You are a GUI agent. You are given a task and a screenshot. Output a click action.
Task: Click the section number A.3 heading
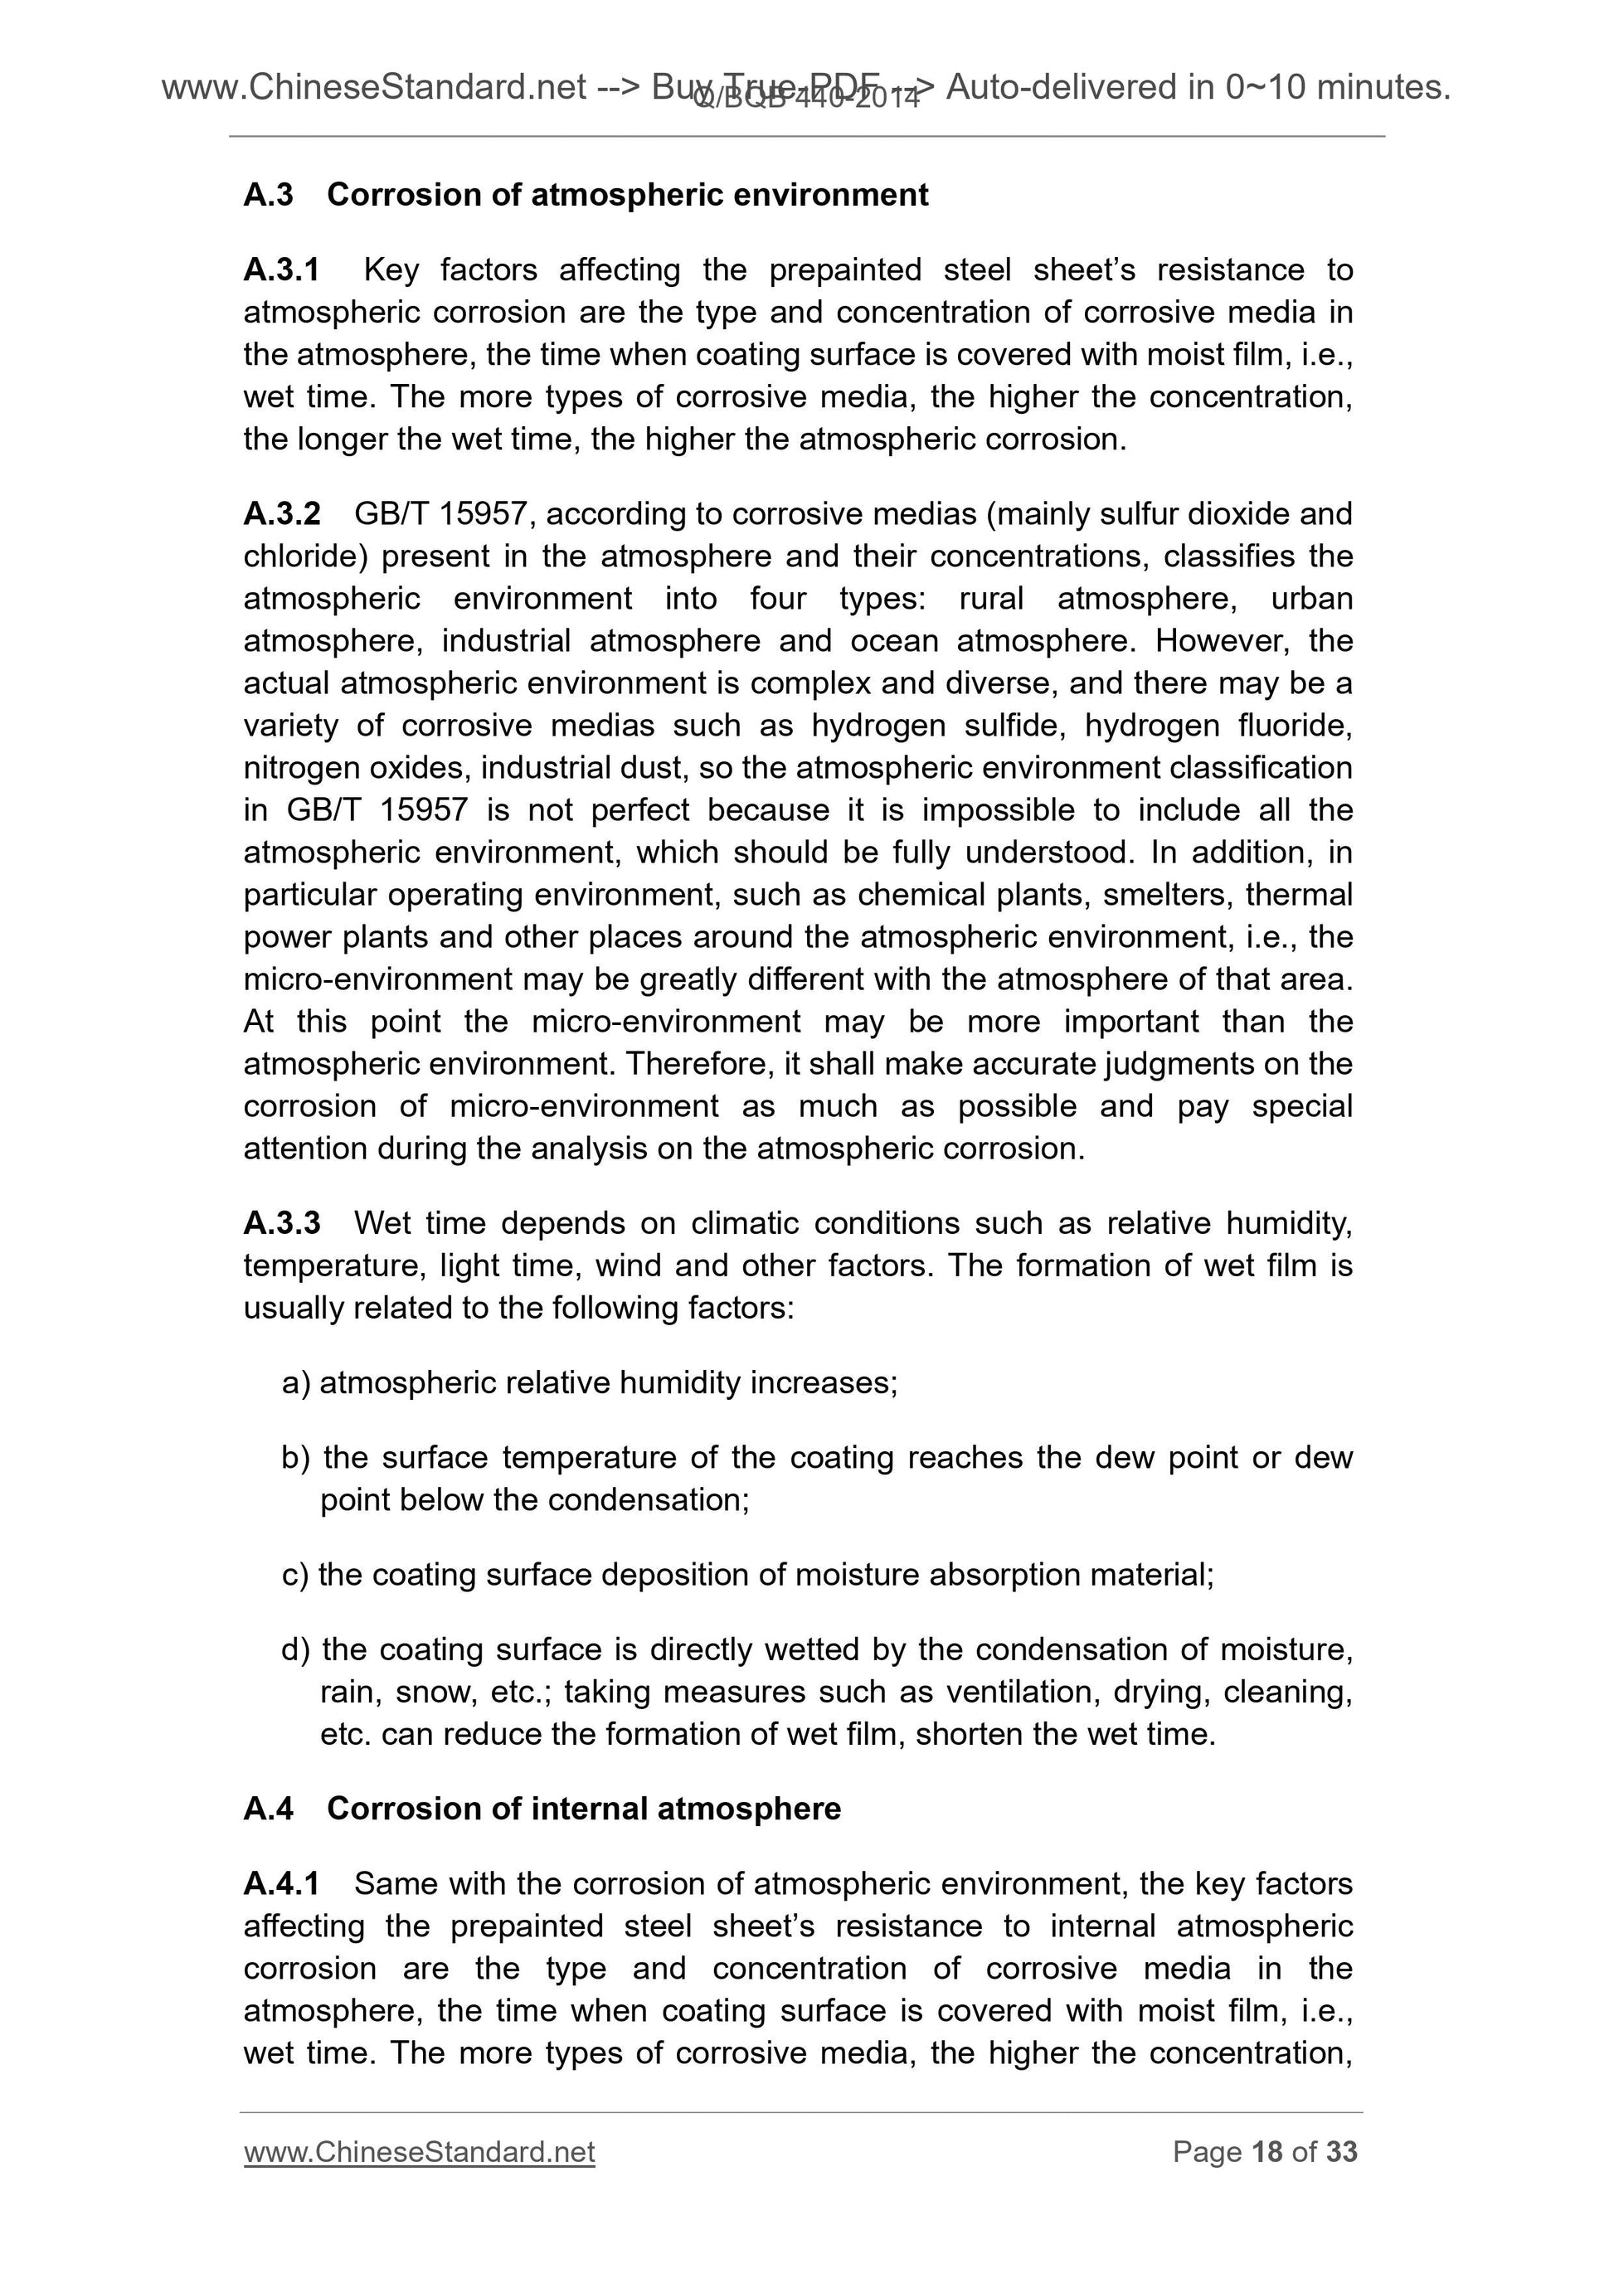(x=269, y=195)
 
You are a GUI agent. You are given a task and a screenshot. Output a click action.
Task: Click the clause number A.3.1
(x=281, y=270)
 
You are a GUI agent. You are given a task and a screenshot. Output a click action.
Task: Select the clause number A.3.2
(x=281, y=514)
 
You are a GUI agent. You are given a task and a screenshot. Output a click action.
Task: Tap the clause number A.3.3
(x=281, y=1223)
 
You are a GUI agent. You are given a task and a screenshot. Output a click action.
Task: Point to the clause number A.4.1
(x=281, y=1883)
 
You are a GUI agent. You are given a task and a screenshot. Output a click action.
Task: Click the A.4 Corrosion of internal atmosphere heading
(x=584, y=1808)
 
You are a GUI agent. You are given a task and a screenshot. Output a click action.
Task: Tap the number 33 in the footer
(x=1341, y=2152)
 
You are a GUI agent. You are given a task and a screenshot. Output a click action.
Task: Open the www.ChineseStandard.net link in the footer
(x=419, y=2152)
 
